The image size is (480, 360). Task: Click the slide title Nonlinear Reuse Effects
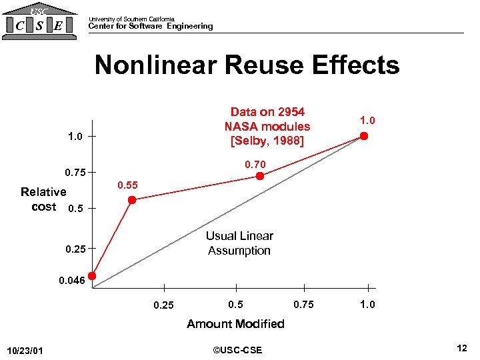click(x=247, y=65)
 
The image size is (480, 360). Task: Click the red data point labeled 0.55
click(x=132, y=200)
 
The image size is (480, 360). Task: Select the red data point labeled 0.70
click(x=261, y=176)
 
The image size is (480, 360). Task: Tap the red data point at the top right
click(x=363, y=136)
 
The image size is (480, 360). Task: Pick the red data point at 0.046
click(x=93, y=276)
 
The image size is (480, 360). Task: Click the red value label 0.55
click(x=128, y=185)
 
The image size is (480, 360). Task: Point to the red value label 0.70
click(x=255, y=164)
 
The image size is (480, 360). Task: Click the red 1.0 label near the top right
click(x=367, y=121)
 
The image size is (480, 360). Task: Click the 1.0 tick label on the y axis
click(x=75, y=137)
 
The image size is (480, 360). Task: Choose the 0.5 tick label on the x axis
click(x=235, y=305)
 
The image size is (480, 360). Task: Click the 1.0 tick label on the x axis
click(x=367, y=305)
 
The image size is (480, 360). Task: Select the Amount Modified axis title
click(x=235, y=324)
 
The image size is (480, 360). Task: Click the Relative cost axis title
click(x=43, y=199)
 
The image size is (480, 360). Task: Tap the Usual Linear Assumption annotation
click(x=239, y=243)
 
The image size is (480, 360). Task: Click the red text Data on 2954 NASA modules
click(x=267, y=126)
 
